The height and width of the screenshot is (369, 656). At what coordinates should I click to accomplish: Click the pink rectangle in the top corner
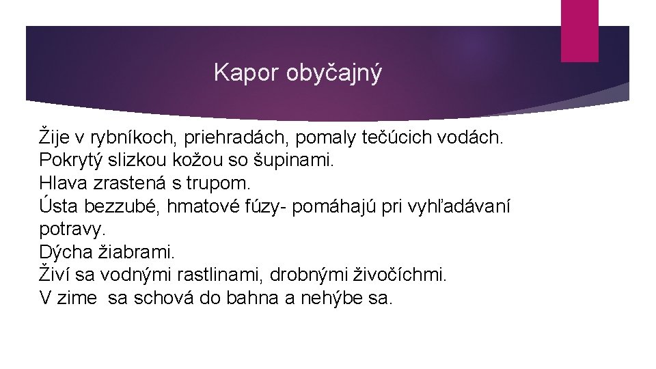(579, 30)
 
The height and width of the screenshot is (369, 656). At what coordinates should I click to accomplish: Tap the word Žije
(57, 137)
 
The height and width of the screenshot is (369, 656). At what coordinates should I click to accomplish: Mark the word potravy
(72, 230)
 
